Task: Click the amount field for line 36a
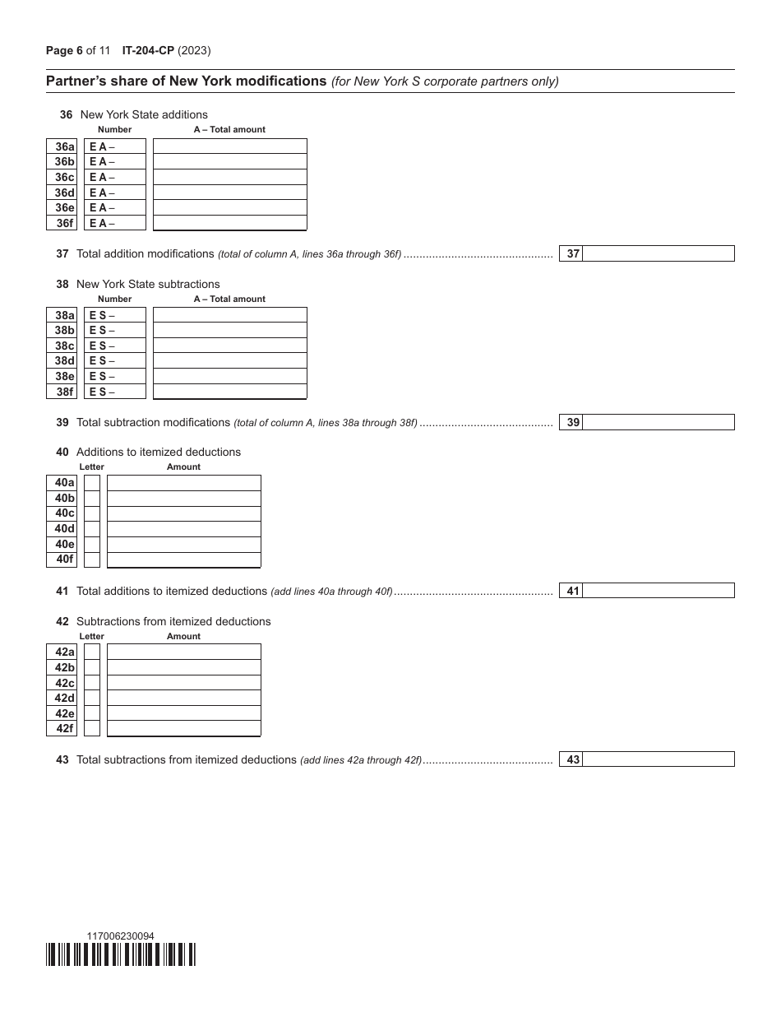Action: point(230,146)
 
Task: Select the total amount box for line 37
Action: point(658,254)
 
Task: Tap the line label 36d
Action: point(62,193)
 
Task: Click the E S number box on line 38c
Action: point(115,346)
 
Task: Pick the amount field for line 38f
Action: point(230,392)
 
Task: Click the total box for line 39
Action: point(658,422)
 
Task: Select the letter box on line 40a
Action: point(92,483)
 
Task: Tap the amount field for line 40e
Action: point(184,544)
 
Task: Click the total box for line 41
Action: point(658,591)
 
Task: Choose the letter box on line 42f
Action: point(92,729)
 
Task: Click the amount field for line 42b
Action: point(184,667)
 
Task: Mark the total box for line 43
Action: point(658,759)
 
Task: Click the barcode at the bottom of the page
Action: point(121,954)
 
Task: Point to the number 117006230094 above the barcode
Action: point(120,936)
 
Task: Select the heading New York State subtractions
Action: point(148,284)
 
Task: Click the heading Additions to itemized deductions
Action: point(158,452)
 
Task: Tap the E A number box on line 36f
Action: point(115,223)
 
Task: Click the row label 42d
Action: point(62,699)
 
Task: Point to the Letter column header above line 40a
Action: point(92,467)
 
